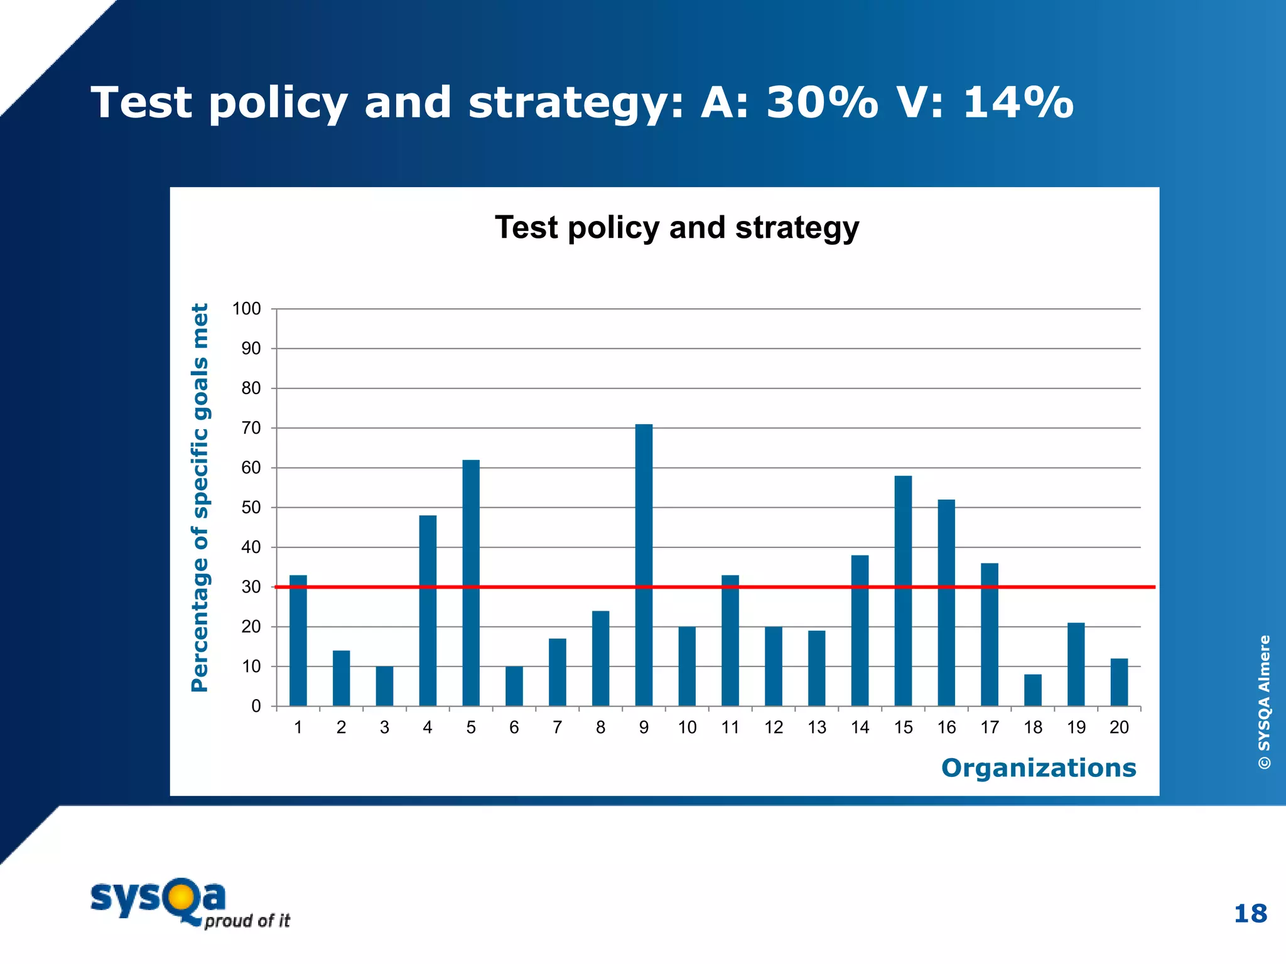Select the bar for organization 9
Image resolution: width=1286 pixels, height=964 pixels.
(644, 565)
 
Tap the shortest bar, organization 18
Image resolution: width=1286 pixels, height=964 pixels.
(1032, 690)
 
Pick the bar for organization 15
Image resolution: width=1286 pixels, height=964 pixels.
(903, 591)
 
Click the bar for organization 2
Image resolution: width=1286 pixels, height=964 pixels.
(341, 678)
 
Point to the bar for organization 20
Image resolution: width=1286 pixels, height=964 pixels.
(1119, 682)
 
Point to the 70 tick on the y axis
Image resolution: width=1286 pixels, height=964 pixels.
(251, 428)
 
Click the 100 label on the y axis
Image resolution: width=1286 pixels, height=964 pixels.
(246, 309)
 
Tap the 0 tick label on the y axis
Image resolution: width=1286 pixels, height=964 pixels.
(256, 707)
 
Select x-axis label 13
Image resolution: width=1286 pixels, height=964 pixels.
(816, 727)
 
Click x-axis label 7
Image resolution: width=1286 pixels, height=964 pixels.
(557, 727)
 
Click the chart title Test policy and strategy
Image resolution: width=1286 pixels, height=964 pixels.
(676, 227)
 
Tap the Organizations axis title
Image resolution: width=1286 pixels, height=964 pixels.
(1038, 768)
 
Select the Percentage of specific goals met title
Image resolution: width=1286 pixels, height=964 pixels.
(200, 498)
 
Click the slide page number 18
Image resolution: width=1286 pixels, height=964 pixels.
(1250, 914)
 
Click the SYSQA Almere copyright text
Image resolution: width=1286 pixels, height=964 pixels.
(1264, 702)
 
